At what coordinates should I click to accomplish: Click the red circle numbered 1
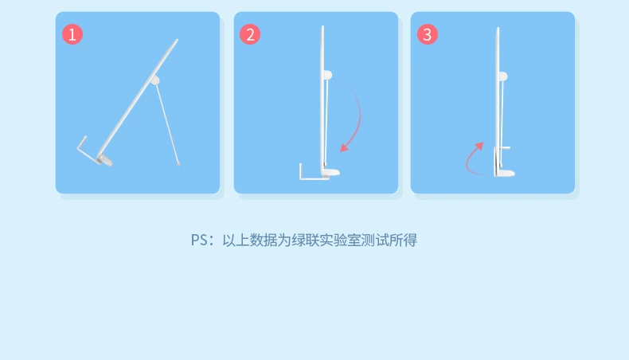(72, 34)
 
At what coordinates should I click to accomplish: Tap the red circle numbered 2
(251, 34)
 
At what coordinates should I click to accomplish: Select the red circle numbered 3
(428, 34)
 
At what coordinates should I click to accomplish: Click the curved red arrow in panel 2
(355, 120)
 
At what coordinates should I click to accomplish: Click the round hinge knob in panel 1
(154, 80)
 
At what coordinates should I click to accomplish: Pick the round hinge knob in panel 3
(503, 75)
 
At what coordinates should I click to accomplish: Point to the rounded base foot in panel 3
(506, 172)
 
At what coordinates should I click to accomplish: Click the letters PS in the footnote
(198, 240)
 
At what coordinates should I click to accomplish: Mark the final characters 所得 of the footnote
(406, 240)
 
